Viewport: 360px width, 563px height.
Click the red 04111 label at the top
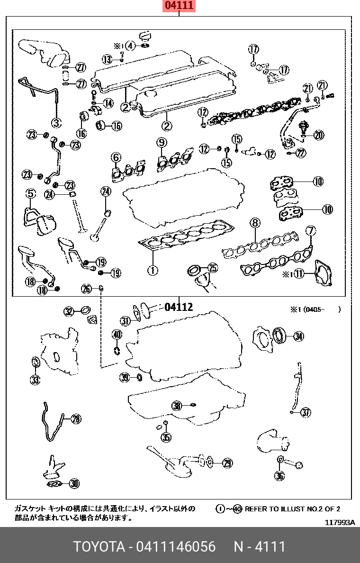coord(179,6)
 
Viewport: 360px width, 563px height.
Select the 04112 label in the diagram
coord(179,307)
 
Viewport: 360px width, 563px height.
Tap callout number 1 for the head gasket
coord(152,271)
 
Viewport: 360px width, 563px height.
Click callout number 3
coord(56,123)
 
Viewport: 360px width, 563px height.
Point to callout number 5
coord(30,193)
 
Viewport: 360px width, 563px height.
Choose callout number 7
coord(311,231)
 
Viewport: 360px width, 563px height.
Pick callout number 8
coord(255,223)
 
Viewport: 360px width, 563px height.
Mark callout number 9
coord(162,142)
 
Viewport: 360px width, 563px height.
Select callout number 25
coord(213,268)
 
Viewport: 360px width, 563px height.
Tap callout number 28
coord(76,418)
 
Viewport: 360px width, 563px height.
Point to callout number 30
coord(74,483)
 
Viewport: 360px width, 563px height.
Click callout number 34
coord(298,336)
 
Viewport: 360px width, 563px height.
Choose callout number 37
coord(306,412)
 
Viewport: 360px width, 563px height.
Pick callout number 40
coord(116,335)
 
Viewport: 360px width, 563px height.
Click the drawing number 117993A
coord(340,522)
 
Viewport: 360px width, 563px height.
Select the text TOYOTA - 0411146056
coord(144,547)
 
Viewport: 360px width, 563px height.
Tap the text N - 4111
coord(260,547)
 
